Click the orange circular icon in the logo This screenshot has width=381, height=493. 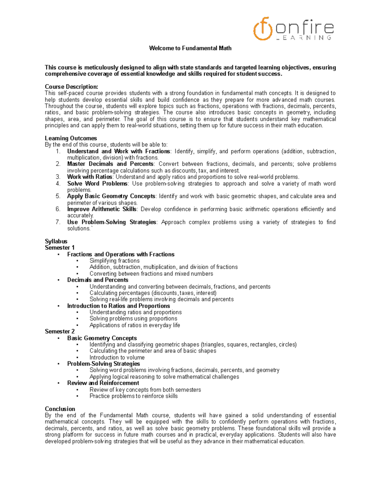(x=263, y=29)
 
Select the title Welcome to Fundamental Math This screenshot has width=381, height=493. (x=190, y=48)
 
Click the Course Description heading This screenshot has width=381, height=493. (x=71, y=87)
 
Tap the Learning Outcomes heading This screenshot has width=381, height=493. (x=71, y=138)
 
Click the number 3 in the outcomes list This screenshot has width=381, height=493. (x=58, y=177)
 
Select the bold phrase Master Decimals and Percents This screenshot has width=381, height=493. (x=110, y=164)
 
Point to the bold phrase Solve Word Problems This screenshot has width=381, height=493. (x=97, y=183)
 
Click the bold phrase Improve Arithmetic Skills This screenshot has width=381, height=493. (x=102, y=209)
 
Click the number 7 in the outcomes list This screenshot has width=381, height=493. (x=58, y=222)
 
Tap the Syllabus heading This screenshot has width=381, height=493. (x=56, y=241)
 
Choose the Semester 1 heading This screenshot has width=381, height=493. (x=60, y=248)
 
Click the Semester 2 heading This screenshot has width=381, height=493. (x=60, y=331)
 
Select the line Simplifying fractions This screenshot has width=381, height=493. (x=114, y=261)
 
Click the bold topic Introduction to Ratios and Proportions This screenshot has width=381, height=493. (x=118, y=306)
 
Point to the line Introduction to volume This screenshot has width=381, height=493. (x=117, y=357)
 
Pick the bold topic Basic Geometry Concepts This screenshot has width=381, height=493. (x=102, y=338)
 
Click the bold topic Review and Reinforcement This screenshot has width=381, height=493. (x=103, y=383)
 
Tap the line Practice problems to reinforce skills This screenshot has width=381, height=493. (x=133, y=396)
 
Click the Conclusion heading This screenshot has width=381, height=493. (x=60, y=409)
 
